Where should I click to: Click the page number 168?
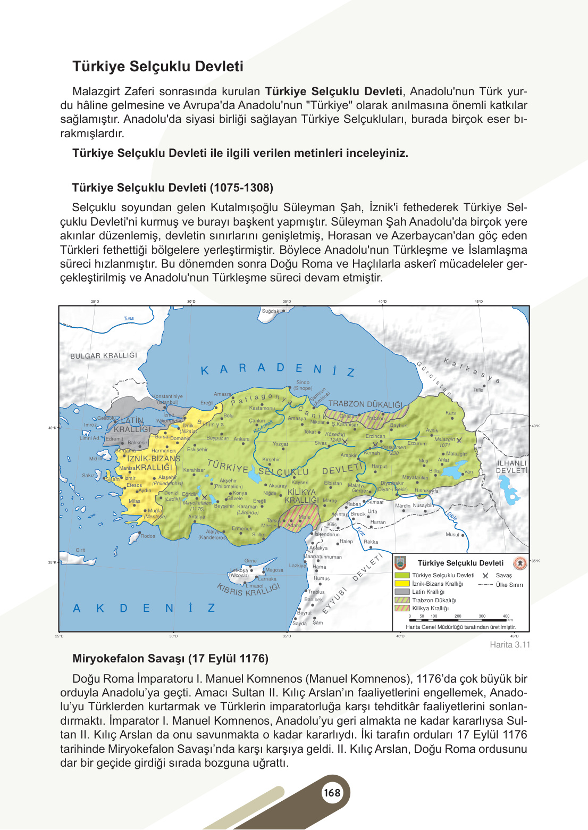[x=332, y=793]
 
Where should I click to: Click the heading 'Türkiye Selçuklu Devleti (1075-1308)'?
[x=172, y=188]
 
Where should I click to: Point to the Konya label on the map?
[x=240, y=493]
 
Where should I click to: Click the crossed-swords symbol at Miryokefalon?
[x=205, y=497]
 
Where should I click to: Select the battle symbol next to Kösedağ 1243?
[x=345, y=441]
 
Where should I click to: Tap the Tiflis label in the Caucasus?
[x=478, y=390]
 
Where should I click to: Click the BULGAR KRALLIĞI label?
[x=104, y=356]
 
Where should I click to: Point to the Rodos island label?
[x=148, y=536]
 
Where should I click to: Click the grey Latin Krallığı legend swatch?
[x=402, y=592]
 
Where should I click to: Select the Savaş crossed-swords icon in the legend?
[x=485, y=576]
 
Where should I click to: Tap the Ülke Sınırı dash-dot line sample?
[x=485, y=585]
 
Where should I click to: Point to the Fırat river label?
[x=361, y=532]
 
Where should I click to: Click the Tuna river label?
[x=129, y=319]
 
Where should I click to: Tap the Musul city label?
[x=452, y=535]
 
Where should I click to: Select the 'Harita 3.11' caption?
[x=510, y=645]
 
